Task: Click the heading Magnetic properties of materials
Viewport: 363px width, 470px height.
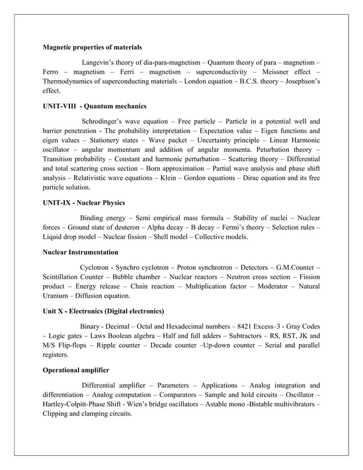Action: (92, 47)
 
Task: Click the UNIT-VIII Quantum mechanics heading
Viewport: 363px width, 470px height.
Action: (94, 106)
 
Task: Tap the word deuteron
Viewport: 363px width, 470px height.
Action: (118, 227)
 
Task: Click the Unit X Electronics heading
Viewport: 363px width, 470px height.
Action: (104, 311)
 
